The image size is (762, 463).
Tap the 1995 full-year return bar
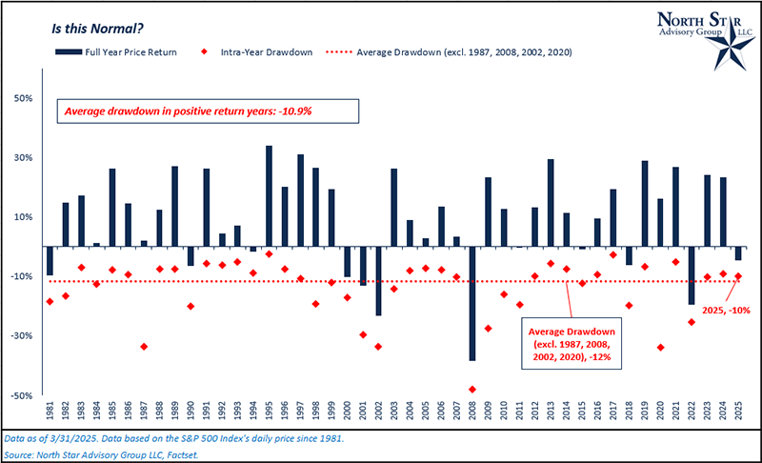click(x=269, y=196)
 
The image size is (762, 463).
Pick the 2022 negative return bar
click(x=692, y=275)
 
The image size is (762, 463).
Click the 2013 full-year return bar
click(x=551, y=203)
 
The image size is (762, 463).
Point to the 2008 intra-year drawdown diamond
click(x=471, y=390)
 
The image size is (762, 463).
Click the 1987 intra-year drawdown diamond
click(x=144, y=347)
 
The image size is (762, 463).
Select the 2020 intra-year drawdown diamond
click(x=661, y=348)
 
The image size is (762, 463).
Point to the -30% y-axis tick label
click(x=24, y=335)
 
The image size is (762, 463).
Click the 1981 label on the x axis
click(x=50, y=413)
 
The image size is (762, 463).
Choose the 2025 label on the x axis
click(x=738, y=413)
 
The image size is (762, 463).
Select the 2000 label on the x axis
click(x=347, y=413)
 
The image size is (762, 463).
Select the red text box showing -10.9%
click(x=208, y=111)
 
